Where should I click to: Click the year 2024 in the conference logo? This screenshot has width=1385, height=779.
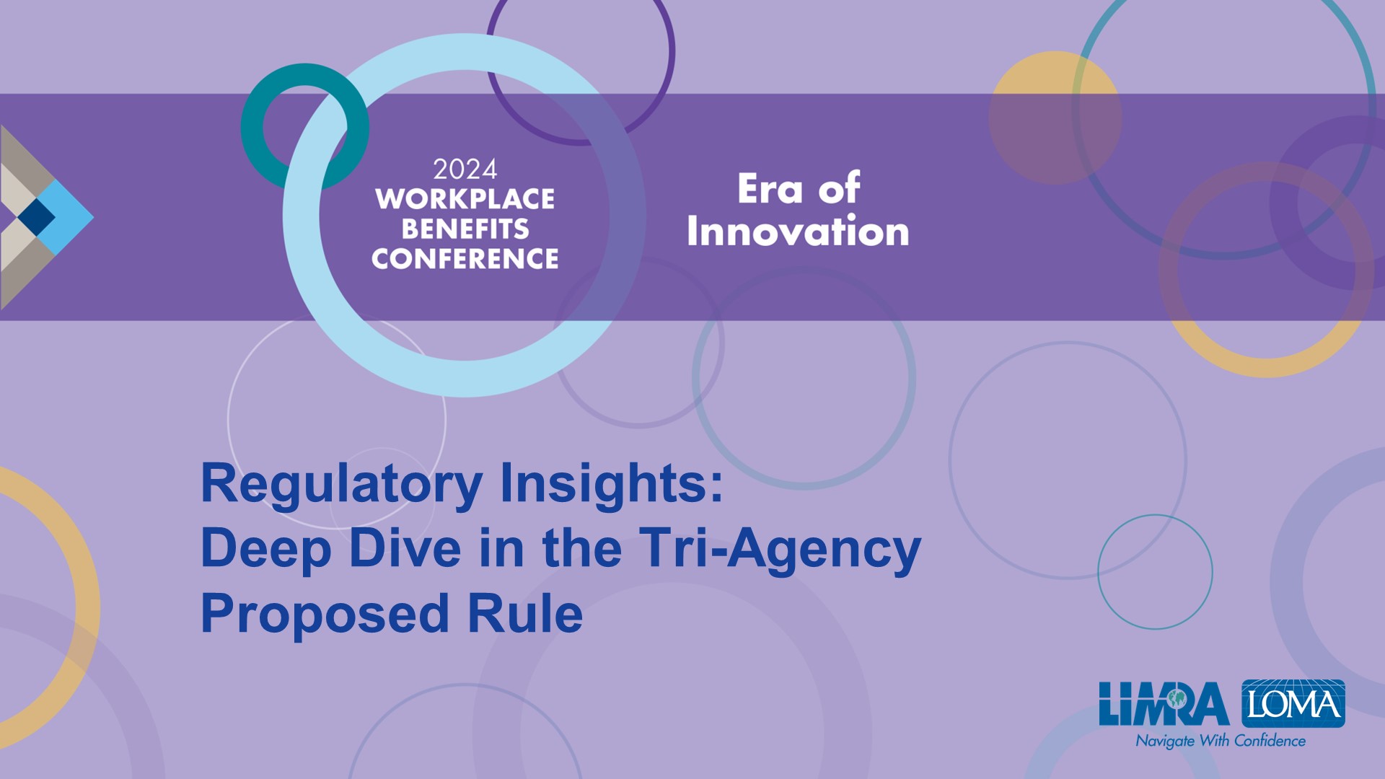pyautogui.click(x=465, y=170)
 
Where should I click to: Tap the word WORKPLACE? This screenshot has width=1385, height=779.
pyautogui.click(x=465, y=199)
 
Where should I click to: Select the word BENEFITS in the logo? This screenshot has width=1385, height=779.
pyautogui.click(x=465, y=229)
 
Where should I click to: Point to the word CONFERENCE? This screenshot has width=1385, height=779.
pyautogui.click(x=465, y=258)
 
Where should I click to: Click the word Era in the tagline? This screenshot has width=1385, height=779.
pyautogui.click(x=770, y=189)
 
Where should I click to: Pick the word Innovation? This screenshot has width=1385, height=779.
pyautogui.click(x=798, y=232)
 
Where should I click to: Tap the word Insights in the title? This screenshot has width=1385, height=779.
pyautogui.click(x=612, y=485)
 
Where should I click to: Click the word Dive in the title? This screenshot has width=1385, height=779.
pyautogui.click(x=405, y=547)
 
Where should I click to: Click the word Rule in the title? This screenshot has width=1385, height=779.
pyautogui.click(x=525, y=613)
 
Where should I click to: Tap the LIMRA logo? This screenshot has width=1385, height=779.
pyautogui.click(x=1164, y=704)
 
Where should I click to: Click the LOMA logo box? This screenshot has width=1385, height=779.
pyautogui.click(x=1293, y=703)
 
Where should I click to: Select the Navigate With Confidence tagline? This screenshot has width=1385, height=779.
pyautogui.click(x=1221, y=741)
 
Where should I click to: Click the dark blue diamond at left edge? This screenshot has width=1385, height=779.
pyautogui.click(x=36, y=216)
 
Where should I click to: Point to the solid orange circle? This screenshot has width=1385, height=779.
pyautogui.click(x=1055, y=118)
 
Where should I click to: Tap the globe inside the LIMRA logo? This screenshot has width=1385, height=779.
pyautogui.click(x=1177, y=697)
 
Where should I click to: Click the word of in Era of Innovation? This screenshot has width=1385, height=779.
pyautogui.click(x=839, y=188)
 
